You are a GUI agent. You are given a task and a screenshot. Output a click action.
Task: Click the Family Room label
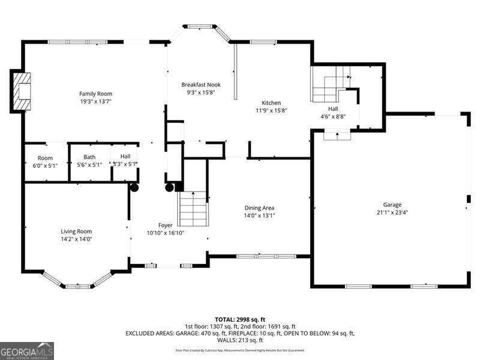95,94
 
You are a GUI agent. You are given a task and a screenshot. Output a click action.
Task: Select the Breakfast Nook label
201,85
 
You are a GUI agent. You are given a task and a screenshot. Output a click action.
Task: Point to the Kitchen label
271,103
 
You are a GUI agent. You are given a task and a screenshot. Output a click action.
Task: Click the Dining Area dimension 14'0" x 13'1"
259,215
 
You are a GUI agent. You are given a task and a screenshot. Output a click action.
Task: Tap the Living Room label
76,231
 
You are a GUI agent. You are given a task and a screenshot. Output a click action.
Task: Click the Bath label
89,157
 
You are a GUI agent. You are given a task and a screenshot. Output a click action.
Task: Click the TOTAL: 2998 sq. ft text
239,319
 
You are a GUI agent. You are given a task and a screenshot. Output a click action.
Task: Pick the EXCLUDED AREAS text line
239,333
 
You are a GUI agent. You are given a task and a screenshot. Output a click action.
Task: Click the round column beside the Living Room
134,187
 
